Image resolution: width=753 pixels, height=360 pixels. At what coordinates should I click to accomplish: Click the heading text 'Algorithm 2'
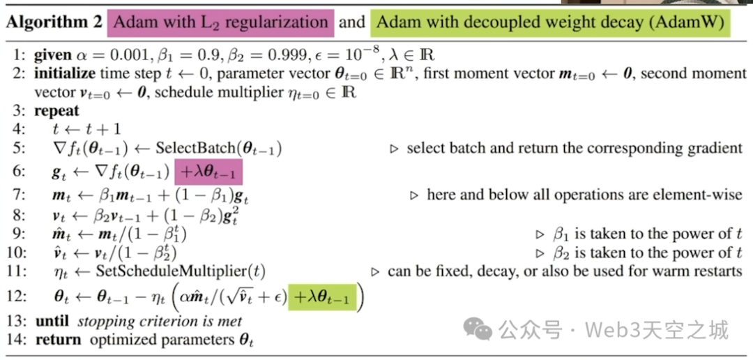click(52, 22)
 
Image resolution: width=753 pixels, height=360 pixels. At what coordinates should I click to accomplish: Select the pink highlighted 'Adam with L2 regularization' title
click(220, 22)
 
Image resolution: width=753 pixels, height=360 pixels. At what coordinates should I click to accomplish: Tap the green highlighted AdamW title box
click(551, 22)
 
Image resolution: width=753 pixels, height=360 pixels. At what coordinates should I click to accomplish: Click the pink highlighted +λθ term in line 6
click(211, 172)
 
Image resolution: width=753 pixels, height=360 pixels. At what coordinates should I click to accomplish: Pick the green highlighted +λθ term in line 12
click(321, 298)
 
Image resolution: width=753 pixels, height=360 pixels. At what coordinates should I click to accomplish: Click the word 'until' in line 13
click(53, 321)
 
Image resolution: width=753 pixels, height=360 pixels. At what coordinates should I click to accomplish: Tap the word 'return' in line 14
click(57, 340)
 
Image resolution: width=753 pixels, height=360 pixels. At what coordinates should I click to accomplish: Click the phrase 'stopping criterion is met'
click(160, 321)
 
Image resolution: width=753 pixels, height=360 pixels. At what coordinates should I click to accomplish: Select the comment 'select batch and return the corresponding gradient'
click(575, 148)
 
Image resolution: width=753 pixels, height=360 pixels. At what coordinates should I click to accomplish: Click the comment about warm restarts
click(565, 271)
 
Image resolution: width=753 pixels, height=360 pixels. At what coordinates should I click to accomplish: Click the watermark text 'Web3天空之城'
click(656, 328)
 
